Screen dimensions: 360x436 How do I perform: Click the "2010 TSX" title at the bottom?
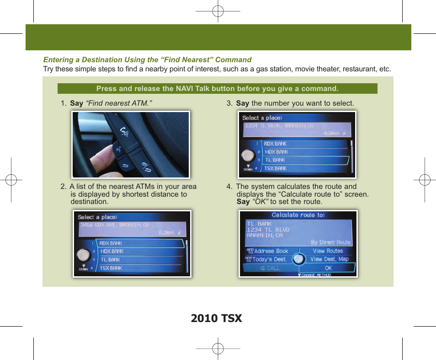tap(217, 318)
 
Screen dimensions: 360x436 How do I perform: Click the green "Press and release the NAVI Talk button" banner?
tap(217, 89)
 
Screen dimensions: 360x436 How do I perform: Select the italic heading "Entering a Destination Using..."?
tap(147, 59)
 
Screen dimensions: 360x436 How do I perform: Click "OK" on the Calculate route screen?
tap(328, 268)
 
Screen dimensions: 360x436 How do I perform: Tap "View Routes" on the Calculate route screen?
tap(328, 251)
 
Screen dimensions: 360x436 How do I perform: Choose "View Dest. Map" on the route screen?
tap(329, 259)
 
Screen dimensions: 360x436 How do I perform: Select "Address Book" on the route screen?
tap(271, 251)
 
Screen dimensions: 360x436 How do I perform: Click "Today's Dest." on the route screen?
tap(270, 259)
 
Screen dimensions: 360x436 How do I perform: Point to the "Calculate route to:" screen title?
tap(298, 215)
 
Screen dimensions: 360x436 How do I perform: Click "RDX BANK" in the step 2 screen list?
tap(111, 243)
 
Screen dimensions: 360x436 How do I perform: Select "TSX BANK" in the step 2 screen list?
tap(111, 268)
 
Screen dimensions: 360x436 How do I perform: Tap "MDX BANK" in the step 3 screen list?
tap(276, 152)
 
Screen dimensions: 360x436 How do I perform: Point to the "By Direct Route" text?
tap(330, 242)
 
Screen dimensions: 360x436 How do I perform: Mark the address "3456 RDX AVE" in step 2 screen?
tap(114, 225)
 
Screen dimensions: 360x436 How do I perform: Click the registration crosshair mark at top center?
tap(218, 11)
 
